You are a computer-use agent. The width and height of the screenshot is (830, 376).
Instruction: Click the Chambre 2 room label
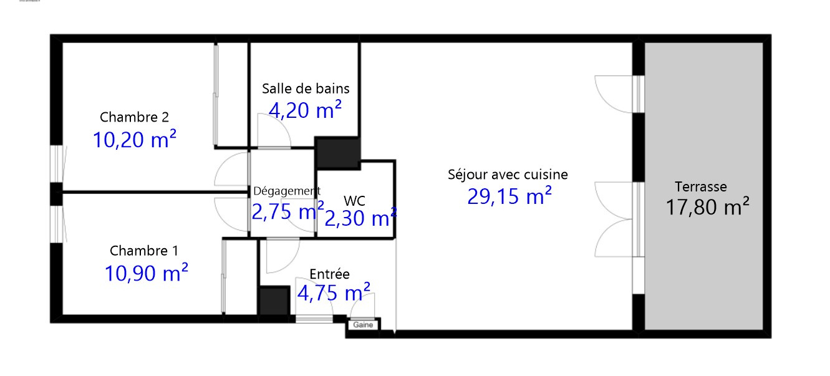[x=134, y=117]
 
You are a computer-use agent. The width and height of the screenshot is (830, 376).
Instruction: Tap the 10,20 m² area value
[x=135, y=139]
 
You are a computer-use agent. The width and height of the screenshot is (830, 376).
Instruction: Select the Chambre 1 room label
[x=144, y=251]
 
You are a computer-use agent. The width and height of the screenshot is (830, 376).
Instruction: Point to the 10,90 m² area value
[x=147, y=273]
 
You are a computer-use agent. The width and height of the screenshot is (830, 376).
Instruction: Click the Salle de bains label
[x=306, y=89]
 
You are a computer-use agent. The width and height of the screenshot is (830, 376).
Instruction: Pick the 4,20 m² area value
[x=305, y=110]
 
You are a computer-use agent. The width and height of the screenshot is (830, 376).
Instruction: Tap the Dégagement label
[x=287, y=191]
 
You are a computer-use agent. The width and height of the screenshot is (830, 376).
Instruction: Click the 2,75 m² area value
[x=288, y=211]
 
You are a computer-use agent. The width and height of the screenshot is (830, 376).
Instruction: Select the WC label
[x=355, y=201]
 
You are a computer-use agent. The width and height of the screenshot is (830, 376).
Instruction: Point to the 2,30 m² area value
[x=360, y=218]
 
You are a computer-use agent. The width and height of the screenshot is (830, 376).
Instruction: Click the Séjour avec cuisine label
[x=508, y=175]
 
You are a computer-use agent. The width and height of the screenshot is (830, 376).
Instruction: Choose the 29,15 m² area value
[x=509, y=196]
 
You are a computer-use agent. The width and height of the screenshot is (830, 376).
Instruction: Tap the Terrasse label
[x=701, y=186]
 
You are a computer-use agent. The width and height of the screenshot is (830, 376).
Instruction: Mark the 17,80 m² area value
[x=707, y=206]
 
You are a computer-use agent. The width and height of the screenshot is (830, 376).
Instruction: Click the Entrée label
[x=329, y=274]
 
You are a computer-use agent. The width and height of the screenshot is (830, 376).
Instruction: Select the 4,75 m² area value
[x=334, y=292]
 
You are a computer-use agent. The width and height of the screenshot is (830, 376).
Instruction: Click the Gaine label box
[x=363, y=325]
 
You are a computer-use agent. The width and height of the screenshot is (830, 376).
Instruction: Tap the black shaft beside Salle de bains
[x=337, y=152]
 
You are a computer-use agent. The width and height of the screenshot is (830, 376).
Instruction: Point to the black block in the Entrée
[x=274, y=301]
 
